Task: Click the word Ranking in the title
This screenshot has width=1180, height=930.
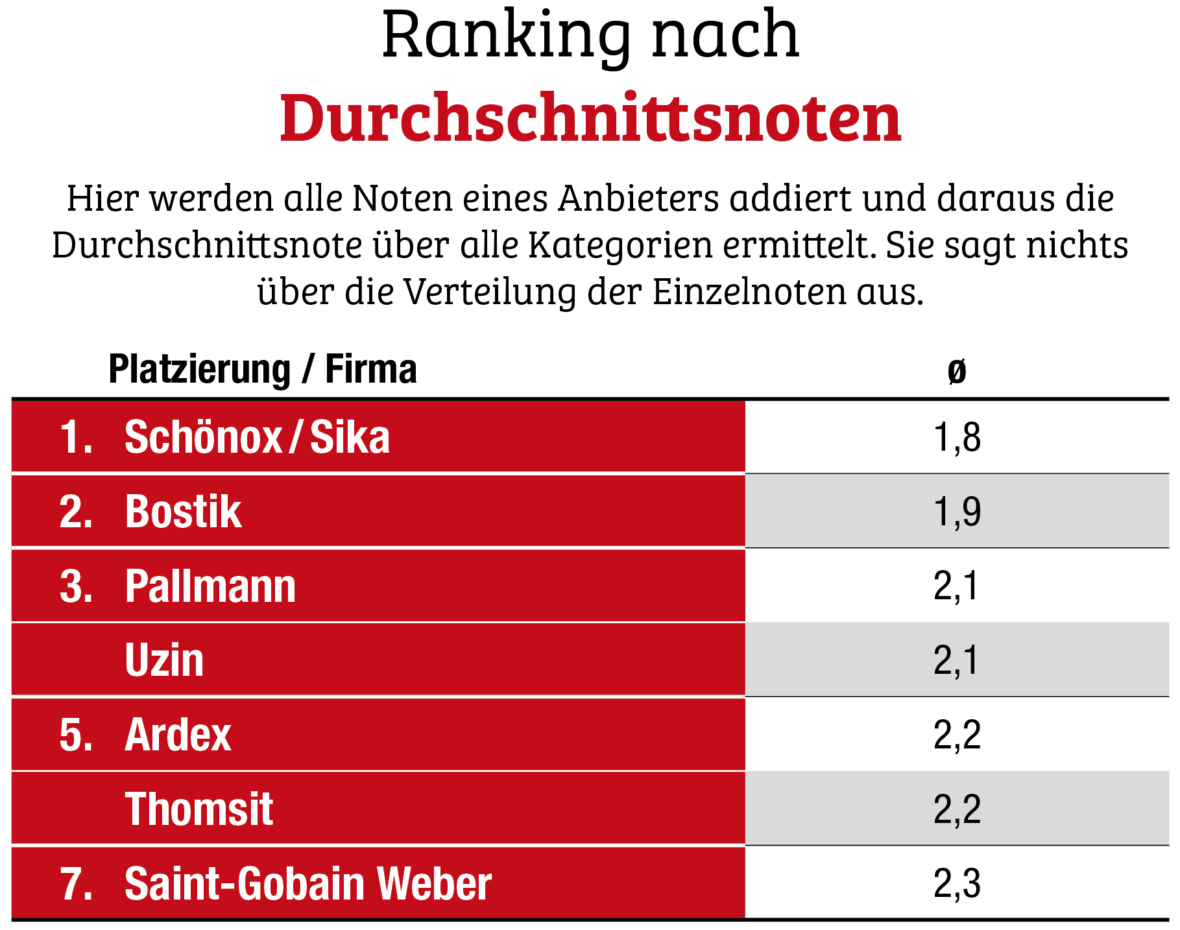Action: [x=506, y=36]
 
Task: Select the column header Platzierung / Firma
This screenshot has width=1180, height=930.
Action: [x=262, y=370]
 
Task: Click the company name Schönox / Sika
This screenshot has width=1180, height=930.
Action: [x=257, y=437]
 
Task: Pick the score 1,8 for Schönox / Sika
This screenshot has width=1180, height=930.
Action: [x=957, y=437]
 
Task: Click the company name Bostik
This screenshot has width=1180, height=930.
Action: [x=183, y=512]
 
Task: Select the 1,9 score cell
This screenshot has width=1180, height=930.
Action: [x=957, y=512]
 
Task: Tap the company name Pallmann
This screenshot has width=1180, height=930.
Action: [x=210, y=586]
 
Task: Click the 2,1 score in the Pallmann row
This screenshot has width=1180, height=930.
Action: [x=956, y=586]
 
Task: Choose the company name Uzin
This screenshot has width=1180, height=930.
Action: [x=164, y=660]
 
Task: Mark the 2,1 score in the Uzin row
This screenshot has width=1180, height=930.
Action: [x=956, y=660]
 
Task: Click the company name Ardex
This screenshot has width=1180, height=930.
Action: [x=178, y=735]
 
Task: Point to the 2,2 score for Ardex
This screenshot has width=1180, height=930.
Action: [x=957, y=735]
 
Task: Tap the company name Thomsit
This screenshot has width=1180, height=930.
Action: [x=199, y=809]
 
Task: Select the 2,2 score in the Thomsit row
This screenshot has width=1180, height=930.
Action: [x=957, y=809]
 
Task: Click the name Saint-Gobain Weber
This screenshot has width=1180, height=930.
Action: [x=307, y=883]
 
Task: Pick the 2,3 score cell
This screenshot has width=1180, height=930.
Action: [x=957, y=883]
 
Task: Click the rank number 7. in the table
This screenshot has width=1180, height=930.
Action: [x=76, y=883]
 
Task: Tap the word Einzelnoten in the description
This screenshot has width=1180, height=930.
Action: [x=749, y=292]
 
